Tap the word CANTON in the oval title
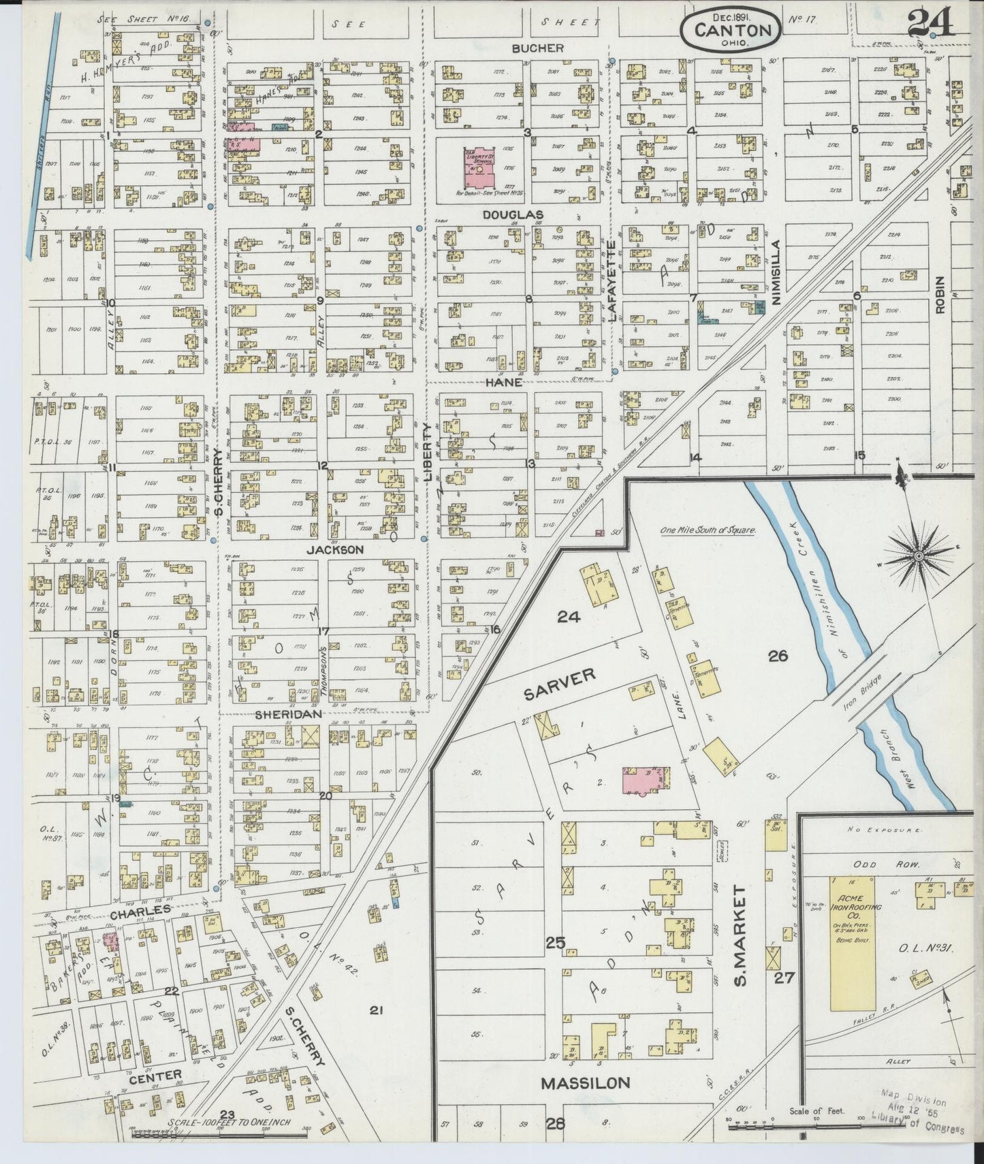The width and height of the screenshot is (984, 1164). (x=733, y=31)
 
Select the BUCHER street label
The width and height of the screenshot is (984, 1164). (x=538, y=48)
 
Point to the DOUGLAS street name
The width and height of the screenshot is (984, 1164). (x=512, y=215)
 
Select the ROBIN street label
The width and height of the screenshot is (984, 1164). (x=940, y=294)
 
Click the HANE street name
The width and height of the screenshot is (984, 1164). (x=503, y=383)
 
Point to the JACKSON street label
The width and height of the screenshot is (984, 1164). (x=334, y=549)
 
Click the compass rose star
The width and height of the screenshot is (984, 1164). (x=918, y=556)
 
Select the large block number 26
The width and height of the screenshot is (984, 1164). (x=778, y=656)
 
